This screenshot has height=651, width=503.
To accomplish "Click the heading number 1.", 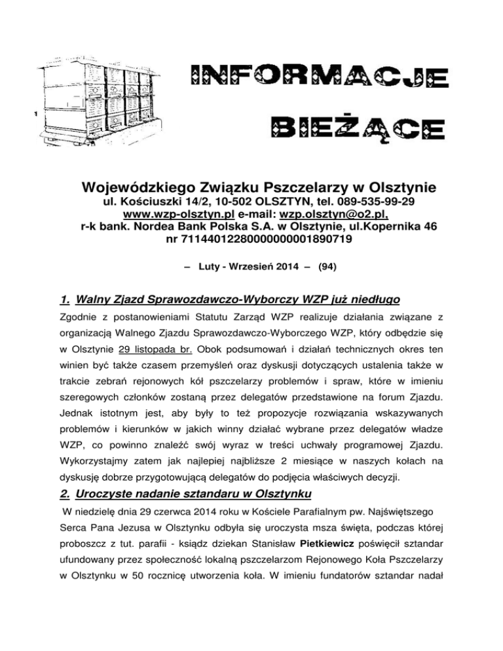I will pyautogui.click(x=64, y=301).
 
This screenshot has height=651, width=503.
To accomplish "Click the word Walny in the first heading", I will pyautogui.click(x=94, y=301).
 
